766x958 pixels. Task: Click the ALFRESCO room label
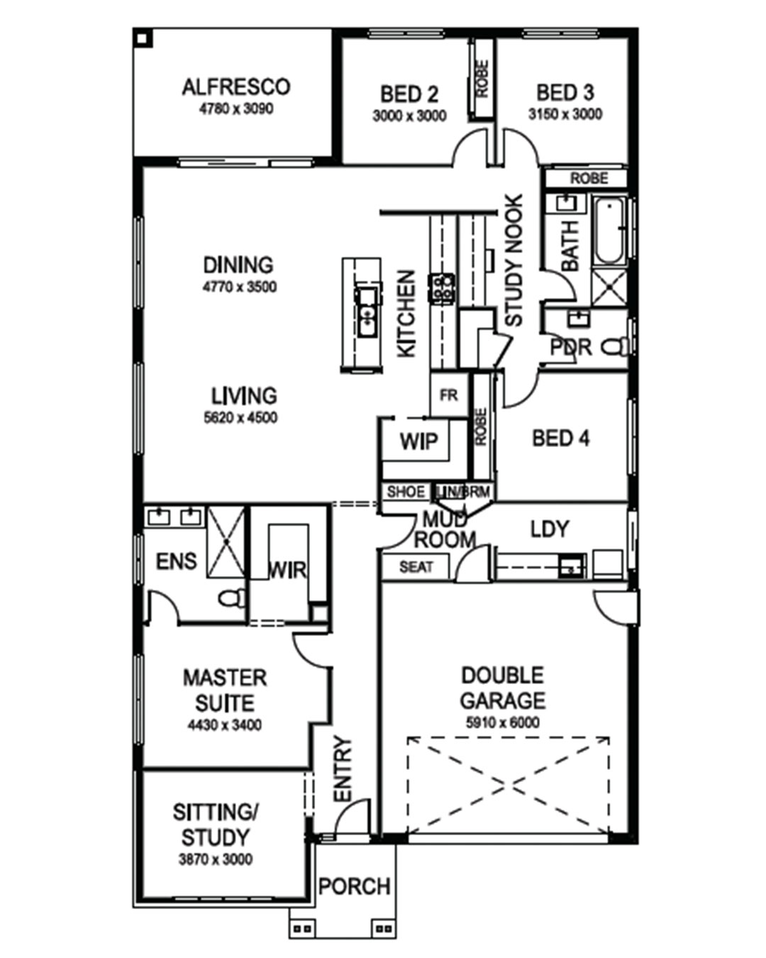[x=236, y=87]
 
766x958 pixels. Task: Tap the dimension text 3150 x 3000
[x=565, y=114]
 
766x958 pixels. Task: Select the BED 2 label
[x=409, y=94]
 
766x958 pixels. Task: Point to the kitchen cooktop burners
[x=441, y=289]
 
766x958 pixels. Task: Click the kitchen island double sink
[x=367, y=312]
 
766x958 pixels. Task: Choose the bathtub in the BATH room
[x=609, y=231]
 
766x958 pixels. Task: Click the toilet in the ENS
[x=232, y=598]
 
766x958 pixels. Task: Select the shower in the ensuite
[x=226, y=541]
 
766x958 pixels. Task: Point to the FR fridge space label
[x=448, y=395]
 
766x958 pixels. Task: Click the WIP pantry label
[x=418, y=441]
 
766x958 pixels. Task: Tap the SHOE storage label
[x=406, y=492]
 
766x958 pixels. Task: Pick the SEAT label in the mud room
[x=416, y=567]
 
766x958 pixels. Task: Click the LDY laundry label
[x=550, y=529]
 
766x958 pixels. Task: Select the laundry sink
[x=572, y=566]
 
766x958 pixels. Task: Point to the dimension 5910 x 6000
[x=502, y=722]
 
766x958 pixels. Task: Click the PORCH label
[x=355, y=887]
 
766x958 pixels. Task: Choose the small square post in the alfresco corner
[x=143, y=39]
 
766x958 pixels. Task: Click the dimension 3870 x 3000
[x=216, y=859]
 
